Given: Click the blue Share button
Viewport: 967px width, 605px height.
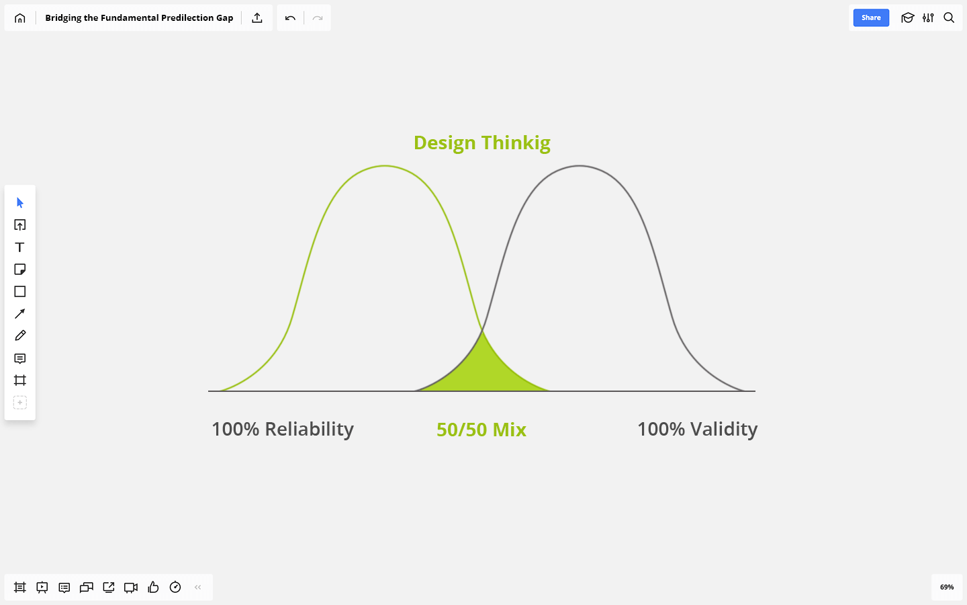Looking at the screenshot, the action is [x=871, y=17].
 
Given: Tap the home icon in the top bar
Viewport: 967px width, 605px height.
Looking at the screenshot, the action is [x=20, y=18].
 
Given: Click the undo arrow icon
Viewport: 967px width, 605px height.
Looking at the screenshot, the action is [x=290, y=18].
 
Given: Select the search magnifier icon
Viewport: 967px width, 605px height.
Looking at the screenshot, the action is [x=949, y=17].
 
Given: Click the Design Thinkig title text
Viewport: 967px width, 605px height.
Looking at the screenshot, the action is [x=481, y=143].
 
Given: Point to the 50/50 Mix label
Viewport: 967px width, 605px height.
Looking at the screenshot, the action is [x=481, y=430].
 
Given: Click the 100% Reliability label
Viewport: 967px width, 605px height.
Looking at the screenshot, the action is [x=283, y=429].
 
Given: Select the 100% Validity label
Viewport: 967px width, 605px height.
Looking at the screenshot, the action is [x=697, y=429].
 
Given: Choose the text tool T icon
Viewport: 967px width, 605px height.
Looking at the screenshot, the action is [x=20, y=247].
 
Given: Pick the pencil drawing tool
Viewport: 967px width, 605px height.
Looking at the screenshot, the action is [x=20, y=336].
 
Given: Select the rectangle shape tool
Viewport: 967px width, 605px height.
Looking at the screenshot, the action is [x=20, y=292].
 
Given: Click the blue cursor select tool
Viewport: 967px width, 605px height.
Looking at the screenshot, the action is [x=20, y=203].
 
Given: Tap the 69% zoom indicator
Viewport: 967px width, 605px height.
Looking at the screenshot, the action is [x=947, y=588].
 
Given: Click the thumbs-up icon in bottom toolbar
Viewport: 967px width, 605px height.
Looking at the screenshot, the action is [x=153, y=588].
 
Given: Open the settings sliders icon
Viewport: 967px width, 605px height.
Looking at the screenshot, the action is [x=928, y=17].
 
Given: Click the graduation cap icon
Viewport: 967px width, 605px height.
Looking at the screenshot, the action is [x=907, y=17].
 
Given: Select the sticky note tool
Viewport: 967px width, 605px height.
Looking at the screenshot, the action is [x=20, y=270].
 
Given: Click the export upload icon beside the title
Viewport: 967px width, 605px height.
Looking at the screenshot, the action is [x=257, y=17].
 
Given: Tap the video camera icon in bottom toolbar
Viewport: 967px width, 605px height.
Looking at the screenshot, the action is [x=131, y=588].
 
